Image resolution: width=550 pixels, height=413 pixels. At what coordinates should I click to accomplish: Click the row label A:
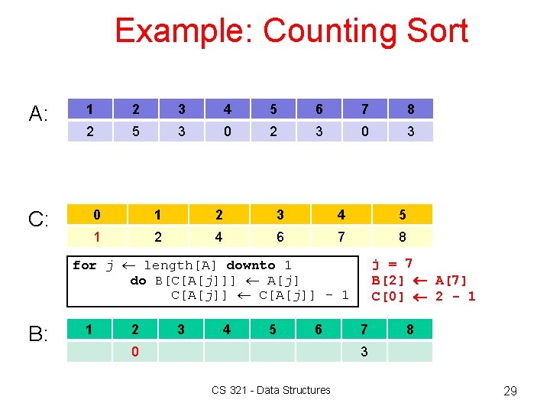click(x=39, y=115)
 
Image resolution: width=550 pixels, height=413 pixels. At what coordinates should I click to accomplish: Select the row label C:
click(x=39, y=220)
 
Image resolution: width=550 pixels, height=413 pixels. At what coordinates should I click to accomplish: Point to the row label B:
click(x=39, y=335)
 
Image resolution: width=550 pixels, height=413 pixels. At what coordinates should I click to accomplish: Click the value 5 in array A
click(x=135, y=132)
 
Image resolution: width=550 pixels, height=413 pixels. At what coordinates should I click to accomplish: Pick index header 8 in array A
click(x=410, y=109)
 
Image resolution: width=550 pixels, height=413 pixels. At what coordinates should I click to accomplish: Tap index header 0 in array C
click(x=96, y=214)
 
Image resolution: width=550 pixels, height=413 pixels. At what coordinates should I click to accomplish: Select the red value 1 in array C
click(x=96, y=236)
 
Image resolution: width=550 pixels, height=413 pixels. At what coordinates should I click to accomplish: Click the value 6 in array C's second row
click(x=280, y=236)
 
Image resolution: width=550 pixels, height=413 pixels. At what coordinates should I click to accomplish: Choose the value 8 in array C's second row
click(x=402, y=236)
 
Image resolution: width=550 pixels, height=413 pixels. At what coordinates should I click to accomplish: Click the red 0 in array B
click(x=135, y=352)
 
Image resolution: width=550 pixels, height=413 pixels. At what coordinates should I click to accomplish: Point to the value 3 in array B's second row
click(x=364, y=352)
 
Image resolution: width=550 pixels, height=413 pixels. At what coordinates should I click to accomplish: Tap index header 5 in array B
click(x=273, y=330)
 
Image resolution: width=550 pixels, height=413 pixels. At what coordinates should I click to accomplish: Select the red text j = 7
click(x=392, y=265)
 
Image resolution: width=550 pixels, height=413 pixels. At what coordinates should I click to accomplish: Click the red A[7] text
click(x=451, y=281)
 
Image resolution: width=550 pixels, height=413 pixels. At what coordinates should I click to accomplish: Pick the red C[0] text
click(x=387, y=296)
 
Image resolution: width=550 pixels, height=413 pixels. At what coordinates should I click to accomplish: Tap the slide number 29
click(x=510, y=391)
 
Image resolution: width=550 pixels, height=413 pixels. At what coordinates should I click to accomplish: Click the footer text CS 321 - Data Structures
click(x=271, y=390)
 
